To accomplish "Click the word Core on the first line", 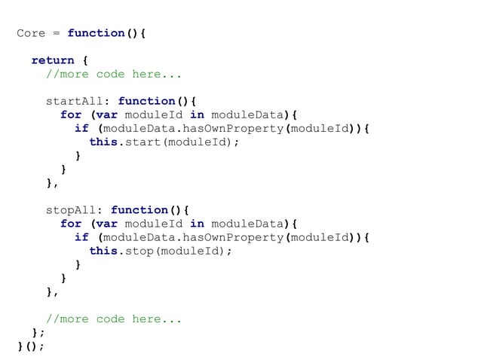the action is coord(31,33).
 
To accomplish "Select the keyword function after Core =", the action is coord(96,33).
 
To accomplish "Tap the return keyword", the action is coord(53,60).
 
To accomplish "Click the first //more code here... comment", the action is coord(114,74).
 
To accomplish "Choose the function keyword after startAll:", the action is coord(146,101).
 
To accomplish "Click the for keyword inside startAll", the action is coord(71,114).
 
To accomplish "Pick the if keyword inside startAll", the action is coord(81,128).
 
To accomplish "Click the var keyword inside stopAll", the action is coord(106,223).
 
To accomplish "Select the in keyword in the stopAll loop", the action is coord(197,223).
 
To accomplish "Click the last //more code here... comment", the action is coord(114,319).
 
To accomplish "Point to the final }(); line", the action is coord(31,346).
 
